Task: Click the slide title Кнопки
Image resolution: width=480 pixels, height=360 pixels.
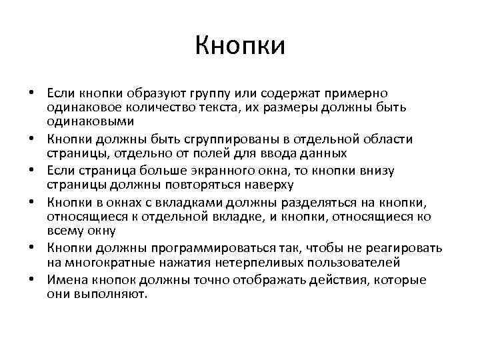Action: (240, 46)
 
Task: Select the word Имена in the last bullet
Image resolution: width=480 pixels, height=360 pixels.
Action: (67, 279)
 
